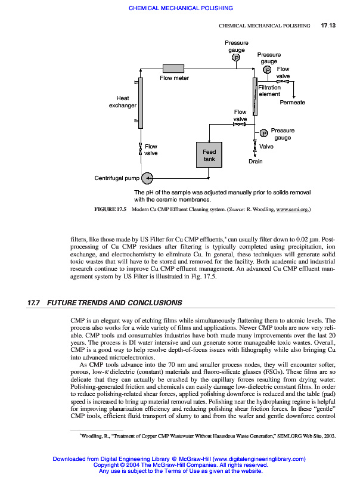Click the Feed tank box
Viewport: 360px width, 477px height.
(x=209, y=156)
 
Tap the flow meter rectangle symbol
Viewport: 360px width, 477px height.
(x=175, y=68)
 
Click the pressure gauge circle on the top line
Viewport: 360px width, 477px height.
(x=236, y=58)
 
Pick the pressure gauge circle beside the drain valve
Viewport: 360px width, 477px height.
(x=264, y=133)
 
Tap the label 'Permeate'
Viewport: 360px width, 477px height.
(x=292, y=103)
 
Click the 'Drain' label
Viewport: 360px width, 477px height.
(x=255, y=162)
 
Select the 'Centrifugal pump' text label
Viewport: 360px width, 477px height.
(x=117, y=178)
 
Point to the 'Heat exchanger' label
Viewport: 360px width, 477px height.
(x=123, y=102)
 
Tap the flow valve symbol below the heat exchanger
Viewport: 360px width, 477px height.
(x=140, y=147)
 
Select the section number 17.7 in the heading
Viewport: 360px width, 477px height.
(x=33, y=303)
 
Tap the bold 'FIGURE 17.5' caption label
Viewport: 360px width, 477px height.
(x=110, y=210)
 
